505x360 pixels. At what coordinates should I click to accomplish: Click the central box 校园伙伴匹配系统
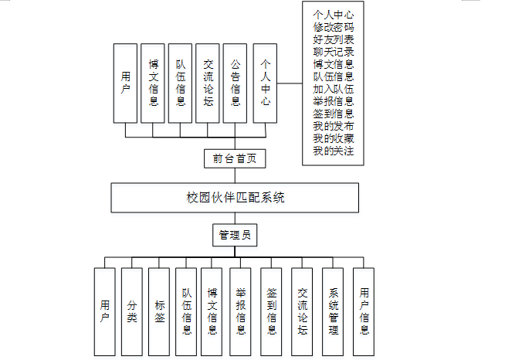[x=235, y=198]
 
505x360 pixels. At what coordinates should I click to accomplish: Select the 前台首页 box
[x=235, y=158]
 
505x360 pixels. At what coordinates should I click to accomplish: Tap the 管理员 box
[x=235, y=235]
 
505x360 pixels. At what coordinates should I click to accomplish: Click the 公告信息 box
[x=235, y=83]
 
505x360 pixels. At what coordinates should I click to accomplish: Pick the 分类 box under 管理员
[x=132, y=312]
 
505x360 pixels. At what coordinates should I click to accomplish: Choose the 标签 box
[x=159, y=312]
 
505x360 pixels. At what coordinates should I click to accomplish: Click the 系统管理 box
[x=333, y=312]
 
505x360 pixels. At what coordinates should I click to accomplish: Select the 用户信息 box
[x=364, y=312]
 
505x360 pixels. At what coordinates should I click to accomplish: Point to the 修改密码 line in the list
[x=334, y=27]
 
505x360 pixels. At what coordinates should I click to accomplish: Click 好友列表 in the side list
[x=334, y=39]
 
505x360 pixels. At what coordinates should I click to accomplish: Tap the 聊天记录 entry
[x=334, y=52]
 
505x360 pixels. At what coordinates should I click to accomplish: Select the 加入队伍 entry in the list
[x=334, y=89]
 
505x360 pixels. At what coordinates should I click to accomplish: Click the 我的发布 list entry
[x=334, y=126]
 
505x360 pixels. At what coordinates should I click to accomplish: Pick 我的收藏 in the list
[x=334, y=138]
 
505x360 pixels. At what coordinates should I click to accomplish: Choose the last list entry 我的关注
[x=334, y=151]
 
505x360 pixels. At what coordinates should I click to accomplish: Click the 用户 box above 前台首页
[x=125, y=83]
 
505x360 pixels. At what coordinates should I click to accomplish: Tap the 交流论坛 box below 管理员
[x=302, y=312]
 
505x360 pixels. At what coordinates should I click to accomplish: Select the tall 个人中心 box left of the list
[x=265, y=83]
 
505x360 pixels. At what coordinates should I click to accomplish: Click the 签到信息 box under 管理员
[x=272, y=312]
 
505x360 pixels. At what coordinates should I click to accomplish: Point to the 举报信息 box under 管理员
[x=241, y=312]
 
